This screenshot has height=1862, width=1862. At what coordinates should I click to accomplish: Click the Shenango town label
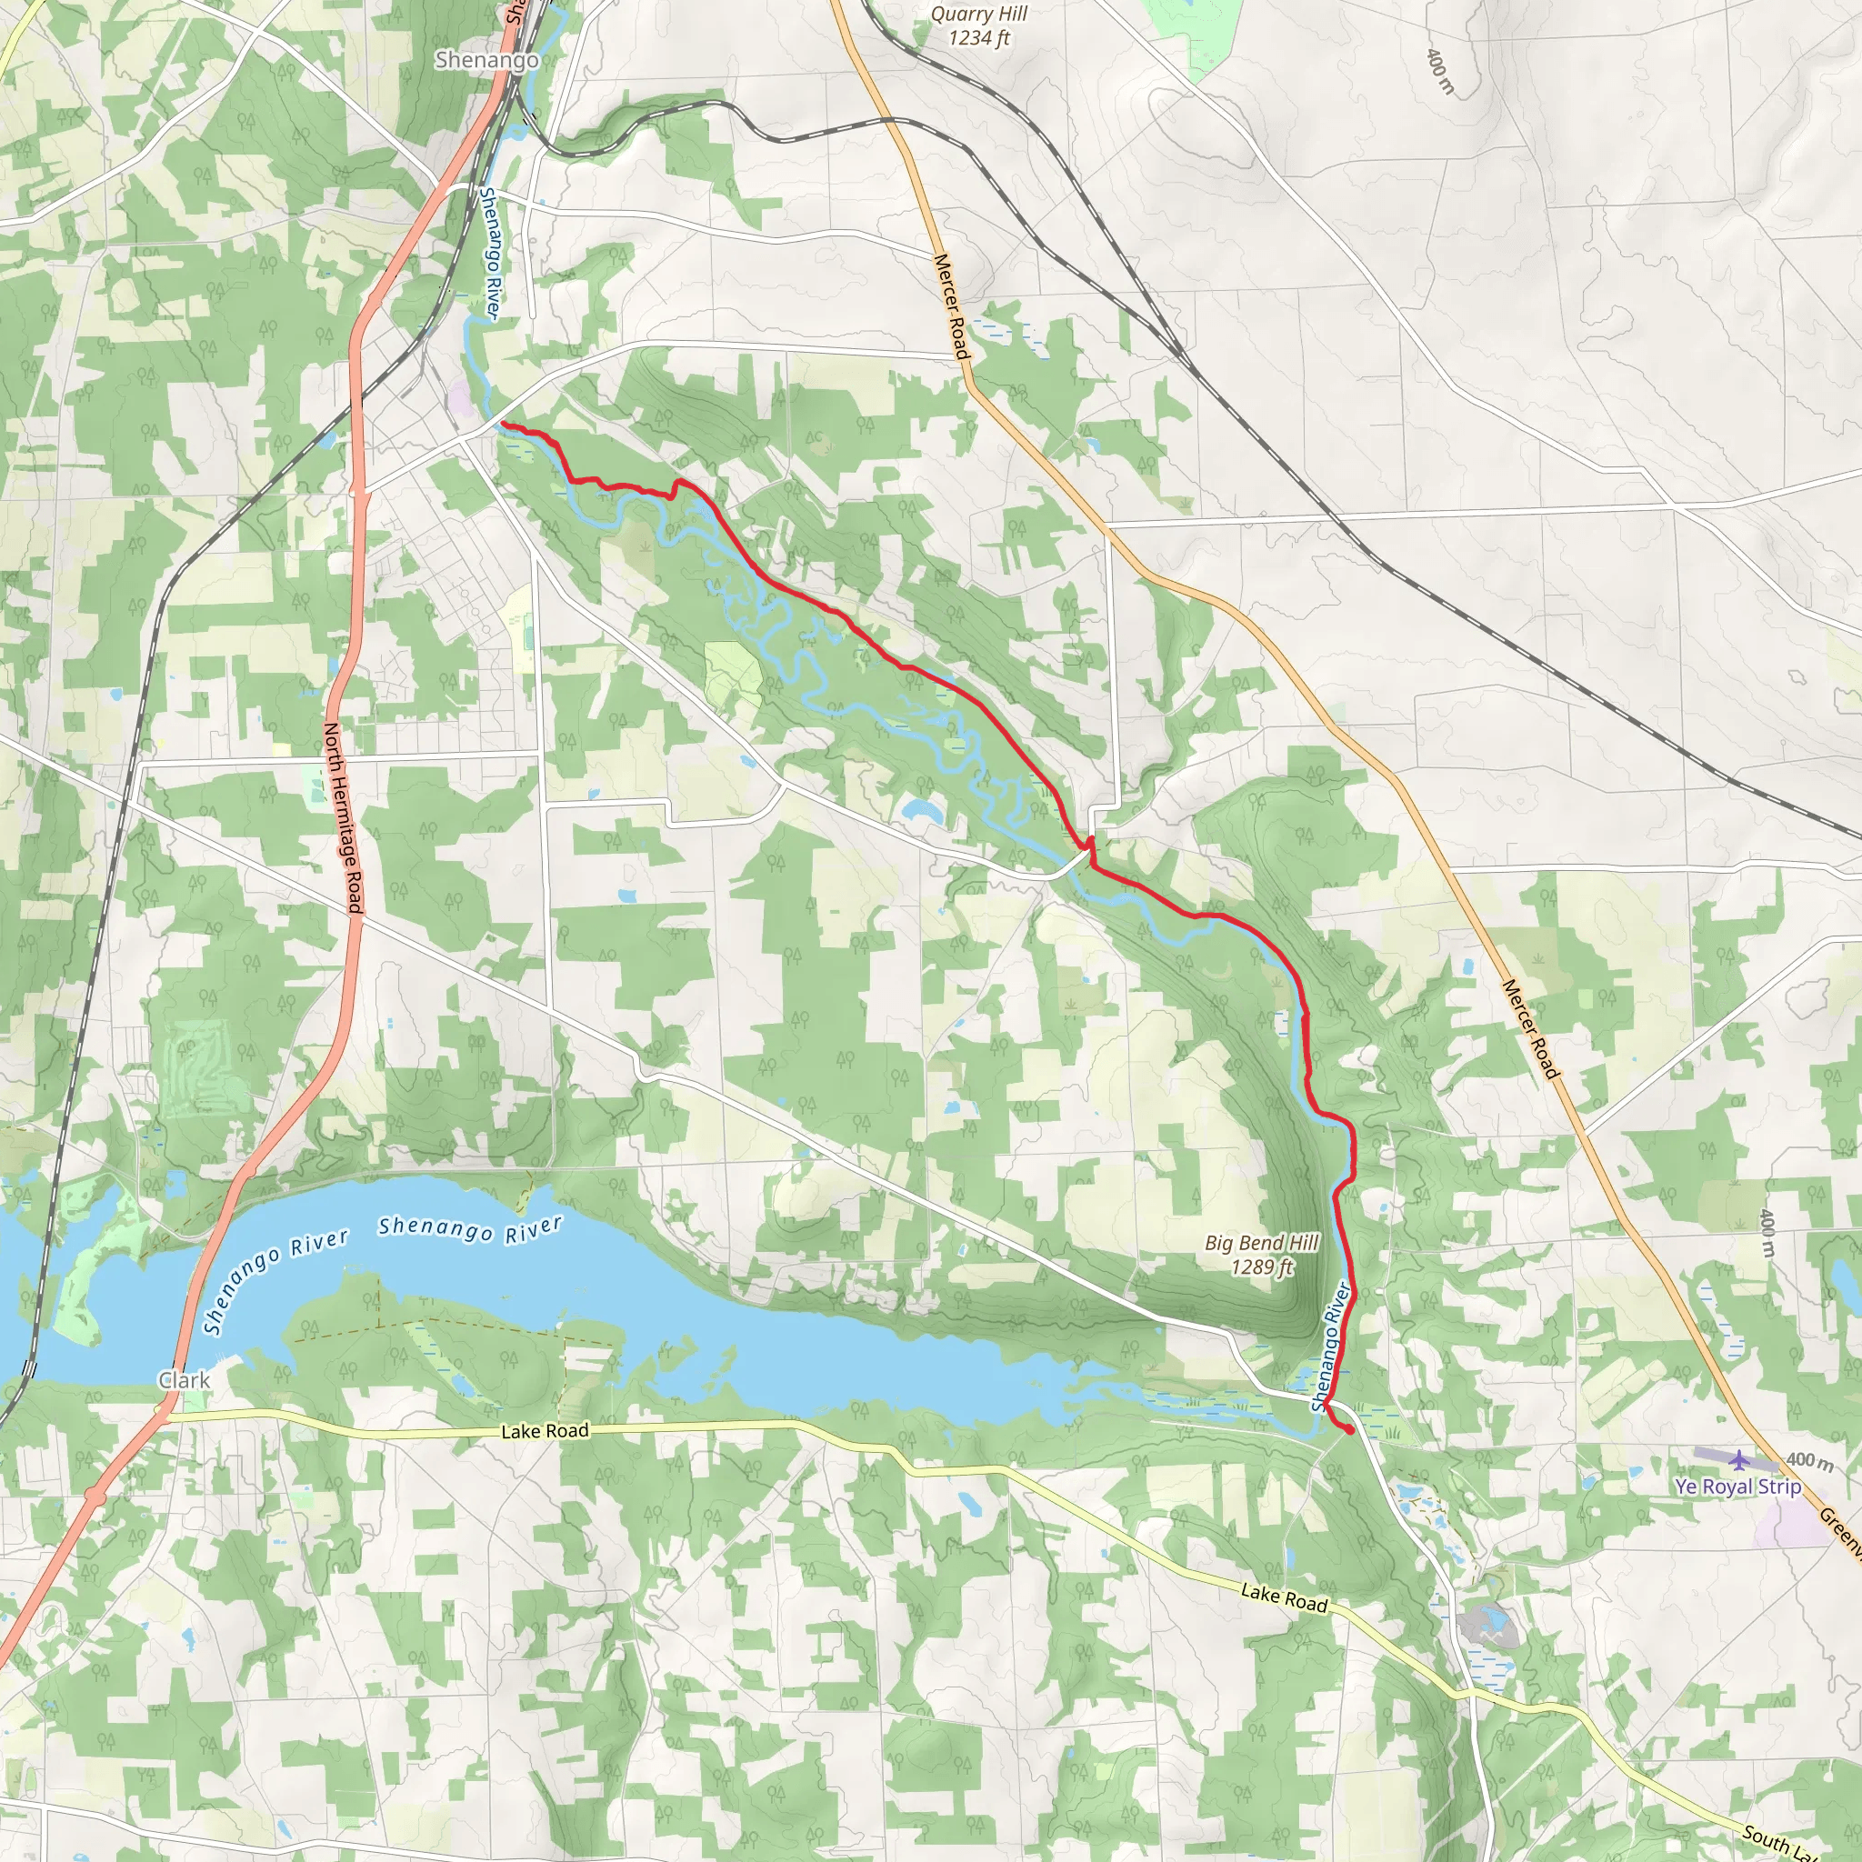(x=486, y=60)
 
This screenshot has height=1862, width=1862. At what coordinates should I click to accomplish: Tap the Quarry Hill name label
(x=978, y=15)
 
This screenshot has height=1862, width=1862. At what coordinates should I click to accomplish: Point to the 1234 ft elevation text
(x=978, y=38)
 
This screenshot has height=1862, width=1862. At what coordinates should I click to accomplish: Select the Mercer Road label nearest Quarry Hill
(x=950, y=306)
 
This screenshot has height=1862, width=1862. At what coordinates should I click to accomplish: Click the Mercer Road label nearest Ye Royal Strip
(x=1529, y=1028)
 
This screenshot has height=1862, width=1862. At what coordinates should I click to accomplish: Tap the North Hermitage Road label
(x=342, y=816)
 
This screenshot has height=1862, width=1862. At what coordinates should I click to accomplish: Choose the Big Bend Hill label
(x=1262, y=1243)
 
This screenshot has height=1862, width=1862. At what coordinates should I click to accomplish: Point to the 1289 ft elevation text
(x=1262, y=1267)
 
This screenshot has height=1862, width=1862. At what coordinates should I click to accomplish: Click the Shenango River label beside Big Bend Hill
(x=1331, y=1347)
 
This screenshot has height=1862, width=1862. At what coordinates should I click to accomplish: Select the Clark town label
(x=183, y=1380)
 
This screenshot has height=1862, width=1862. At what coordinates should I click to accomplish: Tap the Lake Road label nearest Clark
(x=545, y=1431)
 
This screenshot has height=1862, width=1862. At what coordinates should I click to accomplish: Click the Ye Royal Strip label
(x=1737, y=1487)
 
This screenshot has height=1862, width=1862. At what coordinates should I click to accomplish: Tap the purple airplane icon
(x=1737, y=1460)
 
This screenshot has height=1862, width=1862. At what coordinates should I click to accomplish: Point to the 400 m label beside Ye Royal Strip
(x=1809, y=1462)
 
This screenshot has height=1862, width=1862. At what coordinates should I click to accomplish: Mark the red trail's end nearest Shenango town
(x=503, y=424)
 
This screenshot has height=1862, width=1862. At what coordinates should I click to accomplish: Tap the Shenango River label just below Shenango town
(x=491, y=253)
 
